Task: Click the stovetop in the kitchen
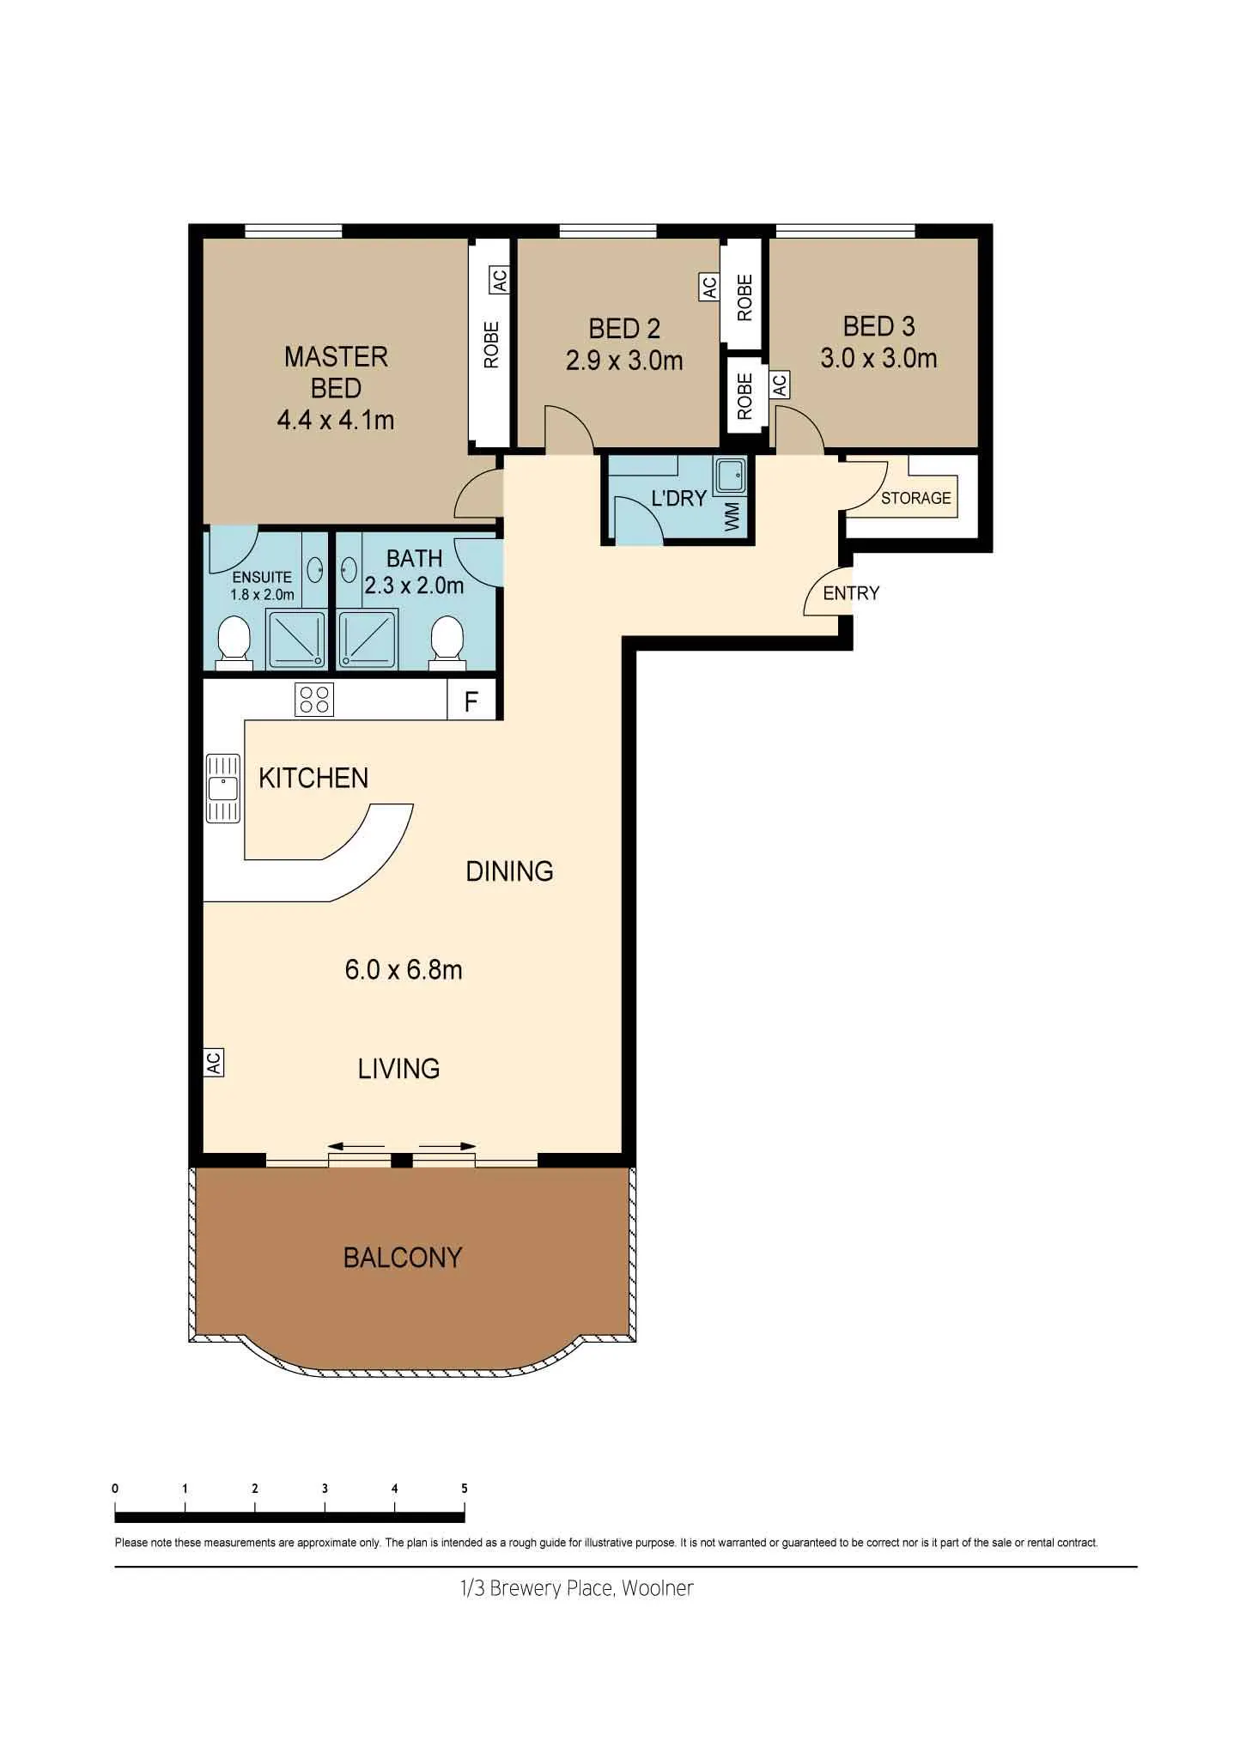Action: click(313, 699)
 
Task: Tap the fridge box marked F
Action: click(471, 701)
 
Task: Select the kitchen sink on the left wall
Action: click(223, 788)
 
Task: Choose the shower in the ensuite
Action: click(296, 638)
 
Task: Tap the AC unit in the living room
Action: click(213, 1063)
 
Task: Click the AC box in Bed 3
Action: click(779, 385)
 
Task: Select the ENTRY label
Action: click(851, 593)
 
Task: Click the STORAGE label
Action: click(916, 498)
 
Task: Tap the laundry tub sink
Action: click(730, 475)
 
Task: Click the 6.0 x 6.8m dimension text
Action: click(404, 970)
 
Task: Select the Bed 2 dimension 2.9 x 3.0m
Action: click(624, 361)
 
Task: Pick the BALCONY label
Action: click(403, 1258)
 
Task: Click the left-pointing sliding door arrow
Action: click(356, 1146)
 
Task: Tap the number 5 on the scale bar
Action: click(465, 1489)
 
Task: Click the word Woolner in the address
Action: click(657, 1588)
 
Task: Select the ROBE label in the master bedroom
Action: click(491, 344)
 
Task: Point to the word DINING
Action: click(509, 871)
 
